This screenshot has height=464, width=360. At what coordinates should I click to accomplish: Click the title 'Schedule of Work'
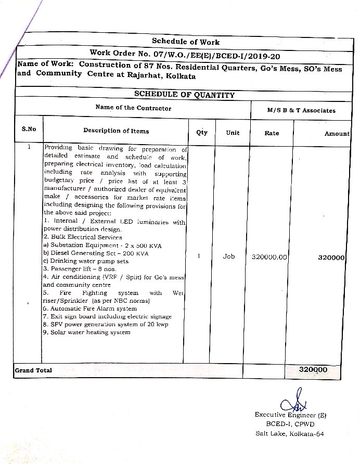[x=186, y=42]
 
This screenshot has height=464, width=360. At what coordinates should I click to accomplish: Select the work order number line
[x=186, y=53]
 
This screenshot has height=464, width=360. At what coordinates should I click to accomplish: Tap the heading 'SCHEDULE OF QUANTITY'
[x=184, y=95]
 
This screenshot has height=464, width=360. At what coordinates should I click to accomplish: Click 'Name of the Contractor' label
[x=133, y=108]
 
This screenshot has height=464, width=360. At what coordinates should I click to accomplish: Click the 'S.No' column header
[x=29, y=129]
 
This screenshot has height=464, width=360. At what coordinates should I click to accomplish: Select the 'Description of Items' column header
[x=116, y=131]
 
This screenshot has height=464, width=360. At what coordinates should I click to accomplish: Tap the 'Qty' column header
[x=201, y=132]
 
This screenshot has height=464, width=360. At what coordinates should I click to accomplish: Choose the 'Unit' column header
[x=233, y=133]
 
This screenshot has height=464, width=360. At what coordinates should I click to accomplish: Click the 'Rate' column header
[x=272, y=133]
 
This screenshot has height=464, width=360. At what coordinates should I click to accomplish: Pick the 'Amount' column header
[x=337, y=134]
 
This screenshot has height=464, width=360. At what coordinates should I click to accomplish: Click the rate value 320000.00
[x=269, y=257]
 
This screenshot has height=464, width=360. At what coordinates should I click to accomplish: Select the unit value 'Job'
[x=229, y=256]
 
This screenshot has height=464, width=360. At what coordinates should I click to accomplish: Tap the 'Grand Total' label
[x=33, y=370]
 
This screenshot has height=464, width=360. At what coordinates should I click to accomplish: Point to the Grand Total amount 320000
[x=313, y=369]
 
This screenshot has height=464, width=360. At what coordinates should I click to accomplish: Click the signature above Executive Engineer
[x=288, y=404]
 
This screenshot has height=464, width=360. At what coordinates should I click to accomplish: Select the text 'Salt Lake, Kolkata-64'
[x=289, y=433]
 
